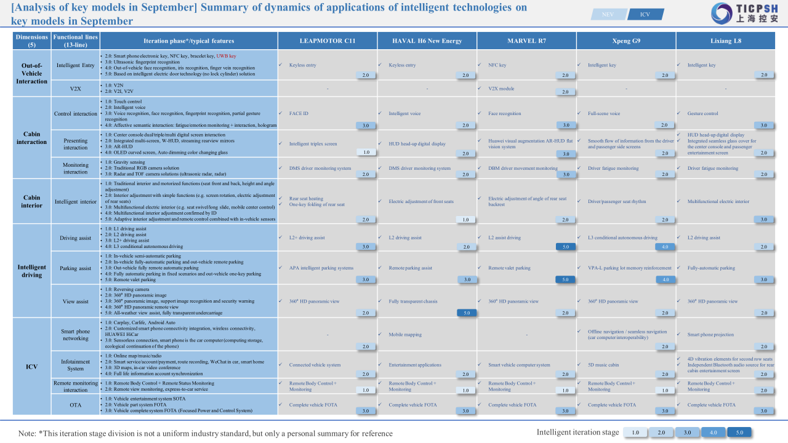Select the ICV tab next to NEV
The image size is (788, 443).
[645, 14]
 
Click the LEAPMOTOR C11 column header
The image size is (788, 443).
[328, 41]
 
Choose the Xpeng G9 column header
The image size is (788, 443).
[626, 41]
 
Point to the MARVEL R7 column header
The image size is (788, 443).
[526, 41]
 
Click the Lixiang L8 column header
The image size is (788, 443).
[725, 41]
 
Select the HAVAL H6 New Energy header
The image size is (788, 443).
[427, 41]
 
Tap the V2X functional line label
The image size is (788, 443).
[75, 89]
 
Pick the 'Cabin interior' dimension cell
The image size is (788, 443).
[31, 202]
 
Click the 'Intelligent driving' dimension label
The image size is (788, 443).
[31, 271]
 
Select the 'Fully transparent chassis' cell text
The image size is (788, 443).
[413, 301]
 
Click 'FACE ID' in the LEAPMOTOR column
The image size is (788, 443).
[299, 114]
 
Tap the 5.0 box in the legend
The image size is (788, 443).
[739, 433]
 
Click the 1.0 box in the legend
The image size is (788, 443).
[636, 433]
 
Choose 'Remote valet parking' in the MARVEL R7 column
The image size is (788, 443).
[509, 268]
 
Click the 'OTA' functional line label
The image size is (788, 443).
[75, 405]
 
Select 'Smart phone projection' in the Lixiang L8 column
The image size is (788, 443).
[710, 335]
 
